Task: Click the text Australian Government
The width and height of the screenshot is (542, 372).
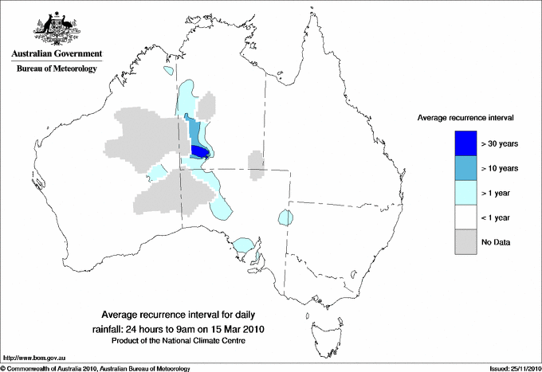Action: (x=56, y=54)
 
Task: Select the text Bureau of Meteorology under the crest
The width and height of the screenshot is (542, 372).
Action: (x=56, y=69)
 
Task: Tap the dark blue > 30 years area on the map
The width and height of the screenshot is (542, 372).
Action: (x=200, y=151)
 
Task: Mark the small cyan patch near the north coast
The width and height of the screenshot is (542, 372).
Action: (x=167, y=71)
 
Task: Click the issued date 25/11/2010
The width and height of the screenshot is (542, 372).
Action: (x=512, y=368)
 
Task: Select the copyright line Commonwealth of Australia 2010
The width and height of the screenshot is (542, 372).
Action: (x=96, y=368)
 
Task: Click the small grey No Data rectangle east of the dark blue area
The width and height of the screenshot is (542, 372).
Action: (x=257, y=163)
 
